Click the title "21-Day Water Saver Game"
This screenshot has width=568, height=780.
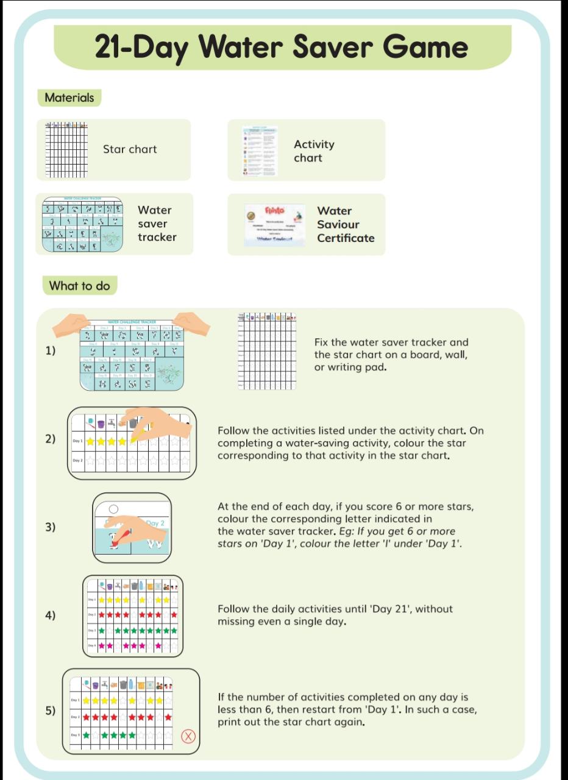coord(282,48)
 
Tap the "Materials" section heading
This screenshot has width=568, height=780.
coord(69,97)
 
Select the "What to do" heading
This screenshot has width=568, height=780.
coord(79,286)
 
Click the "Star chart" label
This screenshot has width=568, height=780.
coord(130,149)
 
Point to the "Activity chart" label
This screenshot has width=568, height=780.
coord(314,151)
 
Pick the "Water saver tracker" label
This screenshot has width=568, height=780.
coord(157,224)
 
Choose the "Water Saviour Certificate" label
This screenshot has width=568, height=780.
coord(345,224)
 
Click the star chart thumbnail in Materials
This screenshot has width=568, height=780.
coord(67,150)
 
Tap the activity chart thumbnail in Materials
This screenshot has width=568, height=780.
coord(260,151)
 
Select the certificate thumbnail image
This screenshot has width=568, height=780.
coord(275,224)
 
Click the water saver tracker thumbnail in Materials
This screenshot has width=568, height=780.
coord(82,224)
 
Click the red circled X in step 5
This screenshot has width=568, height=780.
coord(189,736)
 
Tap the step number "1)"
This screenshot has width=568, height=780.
coord(50,350)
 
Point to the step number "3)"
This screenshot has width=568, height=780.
coord(50,527)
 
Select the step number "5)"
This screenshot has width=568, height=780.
coord(50,710)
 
